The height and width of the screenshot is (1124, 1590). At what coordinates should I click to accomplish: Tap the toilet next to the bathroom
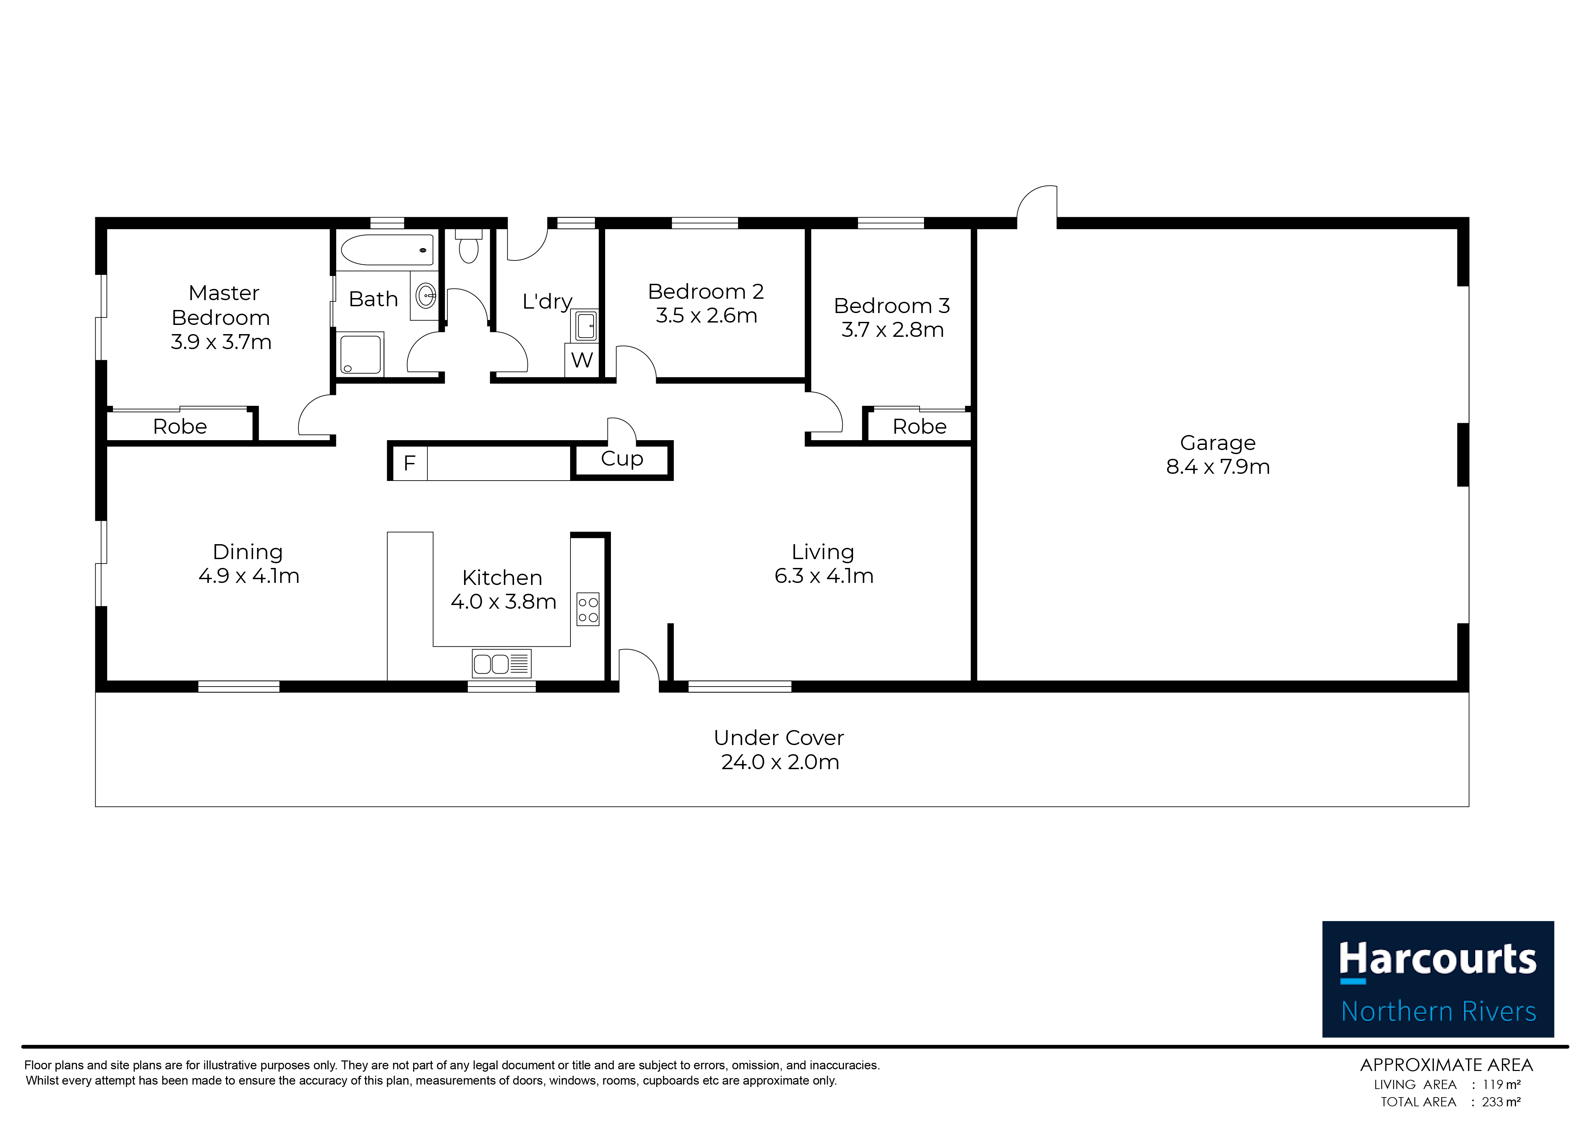(x=469, y=246)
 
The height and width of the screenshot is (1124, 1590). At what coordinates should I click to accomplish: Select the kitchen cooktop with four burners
(x=588, y=609)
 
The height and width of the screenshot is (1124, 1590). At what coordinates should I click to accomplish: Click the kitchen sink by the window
(x=501, y=663)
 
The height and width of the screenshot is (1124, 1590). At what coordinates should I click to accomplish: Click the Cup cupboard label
(x=622, y=459)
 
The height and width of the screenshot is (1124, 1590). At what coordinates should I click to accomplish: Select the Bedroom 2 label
(x=706, y=292)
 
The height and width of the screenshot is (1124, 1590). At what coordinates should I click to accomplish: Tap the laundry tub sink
(x=585, y=326)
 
